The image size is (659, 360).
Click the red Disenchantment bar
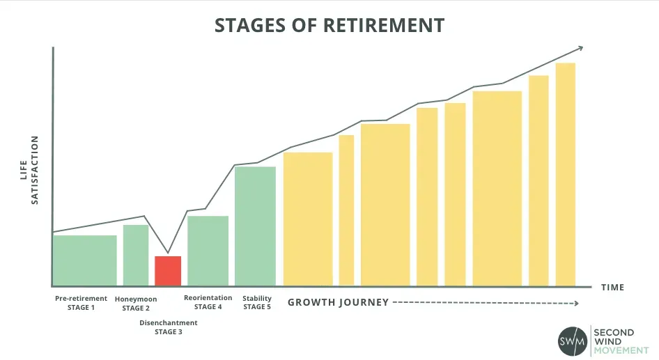pos(168,271)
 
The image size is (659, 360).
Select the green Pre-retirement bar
pos(85,260)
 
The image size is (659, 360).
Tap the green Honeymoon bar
pos(136,256)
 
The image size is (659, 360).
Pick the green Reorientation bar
pos(208,251)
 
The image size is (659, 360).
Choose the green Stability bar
pos(255,226)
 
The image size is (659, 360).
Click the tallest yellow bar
pos(565,174)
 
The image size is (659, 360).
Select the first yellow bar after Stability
pos(308,219)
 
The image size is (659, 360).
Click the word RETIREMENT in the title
pos(384,25)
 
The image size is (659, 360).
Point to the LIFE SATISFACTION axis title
pos(29,170)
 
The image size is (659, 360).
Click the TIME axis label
pos(613,288)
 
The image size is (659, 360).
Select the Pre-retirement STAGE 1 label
pos(81,303)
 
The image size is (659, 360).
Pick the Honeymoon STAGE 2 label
pos(136,304)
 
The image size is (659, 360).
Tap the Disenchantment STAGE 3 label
pos(169,327)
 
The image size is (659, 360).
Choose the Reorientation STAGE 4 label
pos(208,302)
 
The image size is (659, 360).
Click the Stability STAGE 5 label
pos(257,302)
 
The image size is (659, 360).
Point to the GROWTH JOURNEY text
pos(339,302)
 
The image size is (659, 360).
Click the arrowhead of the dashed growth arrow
pos(577,304)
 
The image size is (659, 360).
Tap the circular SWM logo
pos(573,341)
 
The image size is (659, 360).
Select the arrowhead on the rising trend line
pos(580,48)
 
